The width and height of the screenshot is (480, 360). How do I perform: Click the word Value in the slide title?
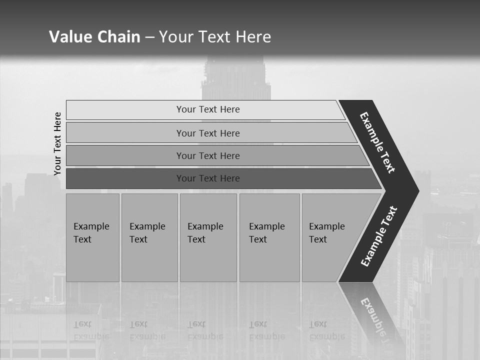[x=69, y=37]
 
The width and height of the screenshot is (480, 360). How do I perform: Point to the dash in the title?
[x=150, y=37]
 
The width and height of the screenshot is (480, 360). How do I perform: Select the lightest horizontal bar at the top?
[x=208, y=109]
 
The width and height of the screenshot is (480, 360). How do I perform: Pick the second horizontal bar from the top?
[x=208, y=133]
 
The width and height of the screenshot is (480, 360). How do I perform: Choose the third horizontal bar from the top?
[x=208, y=155]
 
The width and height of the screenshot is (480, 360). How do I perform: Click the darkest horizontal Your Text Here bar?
[x=208, y=178]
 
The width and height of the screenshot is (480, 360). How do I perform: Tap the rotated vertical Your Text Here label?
[x=57, y=143]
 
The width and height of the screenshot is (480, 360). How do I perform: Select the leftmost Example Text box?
[x=92, y=237]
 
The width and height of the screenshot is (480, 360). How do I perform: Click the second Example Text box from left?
[x=149, y=237]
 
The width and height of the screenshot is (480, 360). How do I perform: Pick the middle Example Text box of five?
[x=208, y=237]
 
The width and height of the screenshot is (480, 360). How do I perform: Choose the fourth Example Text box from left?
[x=269, y=237]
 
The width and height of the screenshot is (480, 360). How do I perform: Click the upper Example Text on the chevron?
[x=377, y=142]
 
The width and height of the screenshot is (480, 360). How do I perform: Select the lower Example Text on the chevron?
[x=379, y=236]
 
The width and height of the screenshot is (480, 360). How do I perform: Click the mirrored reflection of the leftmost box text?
[x=91, y=330]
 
